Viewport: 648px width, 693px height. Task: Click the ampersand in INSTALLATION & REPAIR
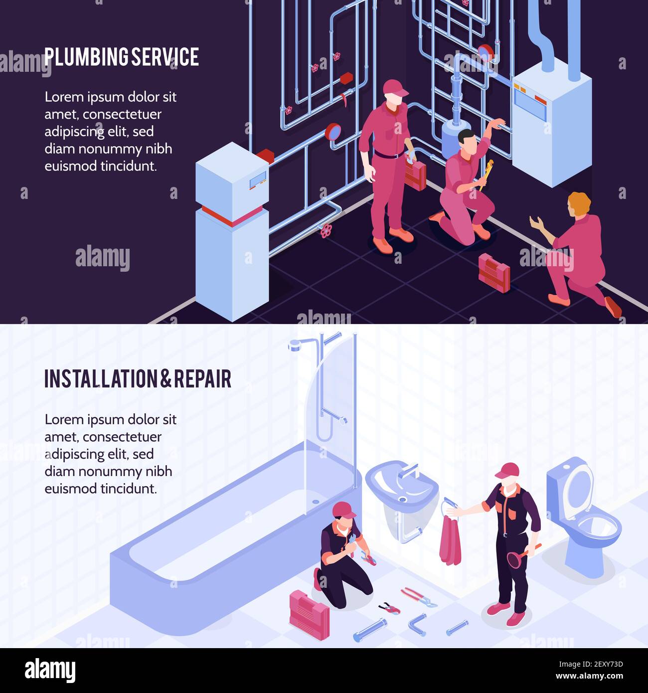pyautogui.click(x=166, y=378)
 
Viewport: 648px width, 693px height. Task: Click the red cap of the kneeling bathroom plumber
pyautogui.click(x=343, y=510)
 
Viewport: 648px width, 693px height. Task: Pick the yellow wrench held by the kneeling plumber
pyautogui.click(x=486, y=174)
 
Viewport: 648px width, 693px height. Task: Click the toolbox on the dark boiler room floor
pyautogui.click(x=494, y=273)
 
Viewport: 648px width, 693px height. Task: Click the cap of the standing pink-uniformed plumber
pyautogui.click(x=395, y=88)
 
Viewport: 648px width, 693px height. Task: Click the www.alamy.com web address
pyautogui.click(x=589, y=676)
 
